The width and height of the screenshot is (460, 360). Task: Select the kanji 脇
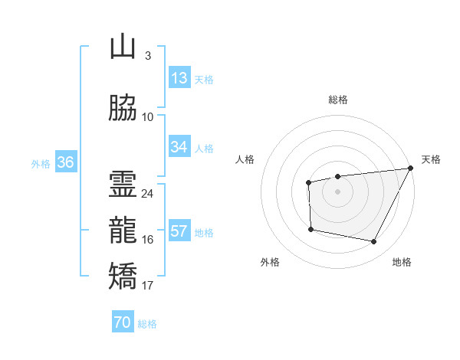click(x=123, y=107)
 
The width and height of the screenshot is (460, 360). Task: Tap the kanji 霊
click(x=123, y=184)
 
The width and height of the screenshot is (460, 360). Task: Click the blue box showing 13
click(x=179, y=78)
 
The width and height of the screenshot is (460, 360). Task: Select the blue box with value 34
click(x=179, y=147)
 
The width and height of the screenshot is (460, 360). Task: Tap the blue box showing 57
click(x=179, y=231)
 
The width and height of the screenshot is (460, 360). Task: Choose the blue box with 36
click(x=66, y=162)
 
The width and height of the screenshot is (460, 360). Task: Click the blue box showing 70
click(x=122, y=322)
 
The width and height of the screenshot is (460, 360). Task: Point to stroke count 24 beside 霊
click(x=147, y=194)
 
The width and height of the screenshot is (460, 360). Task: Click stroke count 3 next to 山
click(x=147, y=56)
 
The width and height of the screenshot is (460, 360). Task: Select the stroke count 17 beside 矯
click(x=147, y=286)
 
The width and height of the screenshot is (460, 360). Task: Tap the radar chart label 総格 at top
click(x=337, y=100)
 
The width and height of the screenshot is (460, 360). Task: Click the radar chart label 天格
click(x=431, y=159)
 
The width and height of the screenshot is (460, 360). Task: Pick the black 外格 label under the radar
click(x=270, y=262)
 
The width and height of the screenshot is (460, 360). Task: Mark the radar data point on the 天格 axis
click(x=410, y=169)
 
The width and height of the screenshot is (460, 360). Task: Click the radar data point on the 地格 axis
click(x=373, y=242)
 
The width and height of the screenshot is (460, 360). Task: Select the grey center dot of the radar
click(x=337, y=191)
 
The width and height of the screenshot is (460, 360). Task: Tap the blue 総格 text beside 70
click(x=147, y=323)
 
